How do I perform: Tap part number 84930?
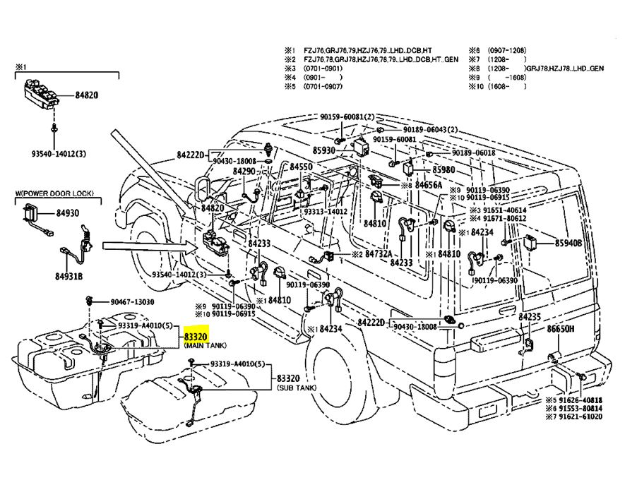(69, 212)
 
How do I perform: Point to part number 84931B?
(69, 276)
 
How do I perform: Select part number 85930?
(323, 150)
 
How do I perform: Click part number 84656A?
(428, 185)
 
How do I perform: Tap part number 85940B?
(568, 243)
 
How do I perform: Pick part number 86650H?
(561, 329)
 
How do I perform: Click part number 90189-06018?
(470, 152)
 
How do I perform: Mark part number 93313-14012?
(326, 211)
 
